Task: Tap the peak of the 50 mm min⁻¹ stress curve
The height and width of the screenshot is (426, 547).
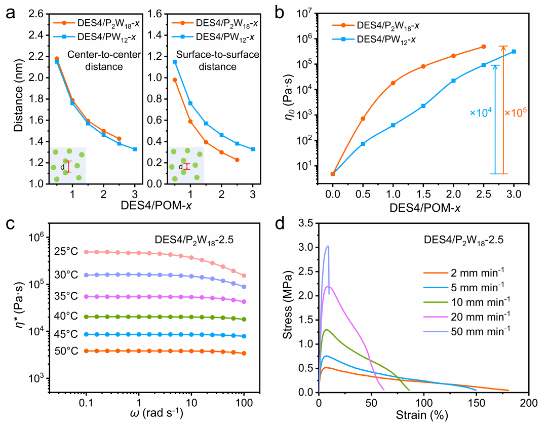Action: coord(328,246)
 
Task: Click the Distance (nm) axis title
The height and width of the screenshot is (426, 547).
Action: coord(19,99)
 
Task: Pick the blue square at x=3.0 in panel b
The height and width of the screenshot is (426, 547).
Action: coord(514,51)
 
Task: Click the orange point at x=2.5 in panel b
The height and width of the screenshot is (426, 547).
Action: coord(483,47)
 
